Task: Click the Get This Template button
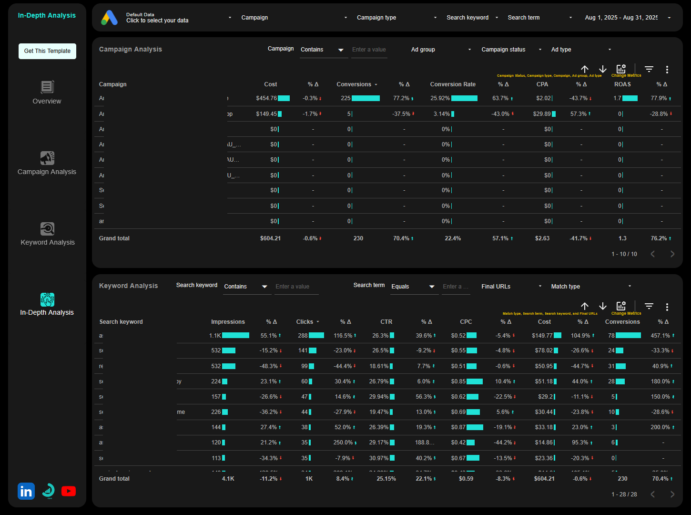(47, 51)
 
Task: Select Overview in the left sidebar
(47, 93)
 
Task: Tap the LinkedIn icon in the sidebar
(26, 491)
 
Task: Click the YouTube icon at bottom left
(69, 491)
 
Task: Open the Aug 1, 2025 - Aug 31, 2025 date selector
(627, 18)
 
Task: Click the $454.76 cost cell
(266, 98)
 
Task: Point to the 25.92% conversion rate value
(440, 98)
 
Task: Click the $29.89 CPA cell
(542, 114)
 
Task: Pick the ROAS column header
(622, 84)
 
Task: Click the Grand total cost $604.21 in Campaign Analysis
(270, 238)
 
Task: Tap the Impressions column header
(228, 322)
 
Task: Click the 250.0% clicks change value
(343, 443)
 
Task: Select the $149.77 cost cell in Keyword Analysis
(542, 336)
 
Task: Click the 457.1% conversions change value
(661, 336)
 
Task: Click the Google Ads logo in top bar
(109, 18)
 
